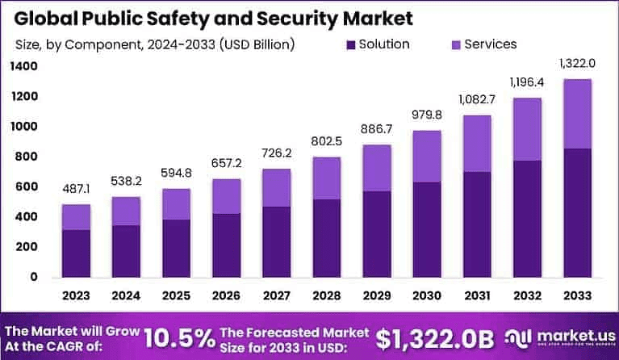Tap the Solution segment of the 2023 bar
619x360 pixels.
[76, 253]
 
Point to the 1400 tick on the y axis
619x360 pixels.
[25, 67]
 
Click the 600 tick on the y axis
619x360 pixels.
[27, 187]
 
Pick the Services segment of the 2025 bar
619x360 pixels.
[177, 204]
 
